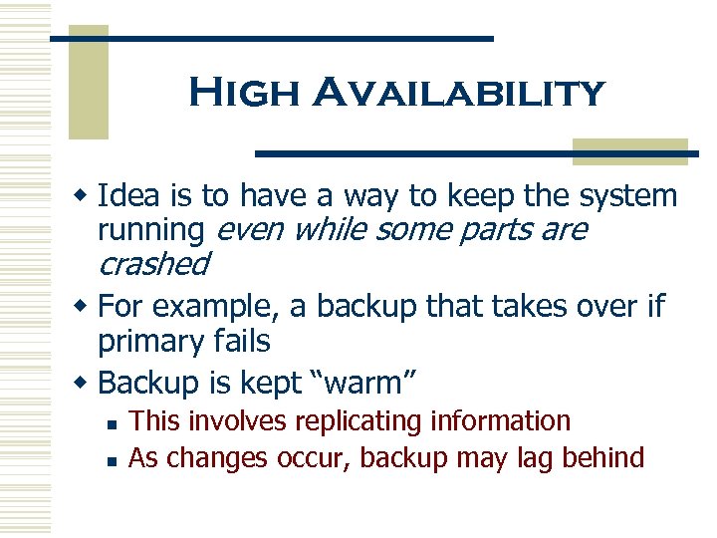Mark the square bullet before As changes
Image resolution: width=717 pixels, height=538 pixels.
click(x=115, y=459)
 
